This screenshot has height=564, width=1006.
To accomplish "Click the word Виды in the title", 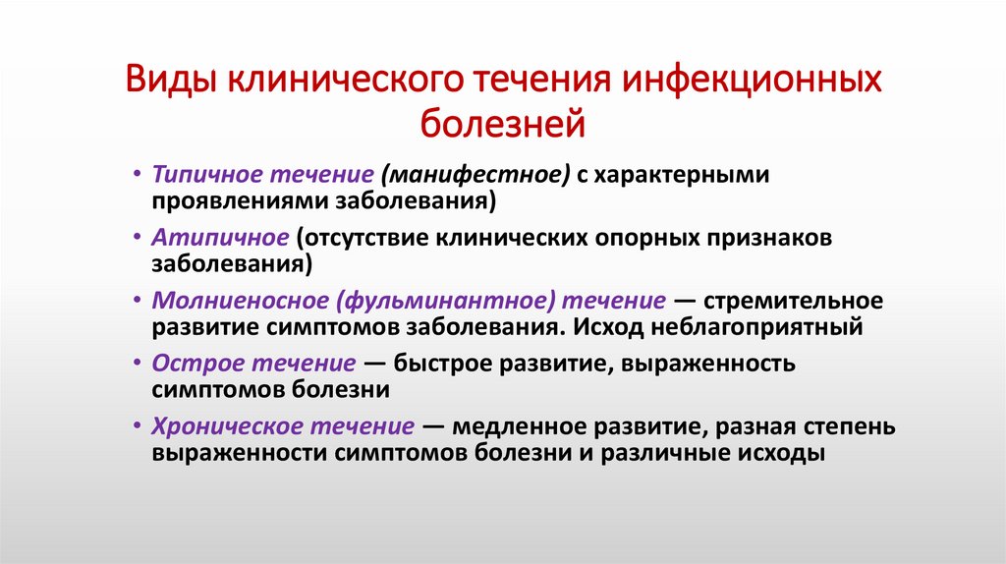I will pyautogui.click(x=172, y=80).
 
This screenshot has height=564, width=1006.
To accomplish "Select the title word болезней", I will pyautogui.click(x=502, y=124).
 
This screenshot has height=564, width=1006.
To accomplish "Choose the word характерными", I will pyautogui.click(x=687, y=174).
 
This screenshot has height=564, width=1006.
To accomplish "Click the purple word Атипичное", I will pyautogui.click(x=219, y=238).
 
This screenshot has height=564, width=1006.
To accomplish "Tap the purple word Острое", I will pyautogui.click(x=190, y=364).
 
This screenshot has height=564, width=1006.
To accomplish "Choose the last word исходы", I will pyautogui.click(x=779, y=453).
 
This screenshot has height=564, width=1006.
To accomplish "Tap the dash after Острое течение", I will pyautogui.click(x=374, y=364).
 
